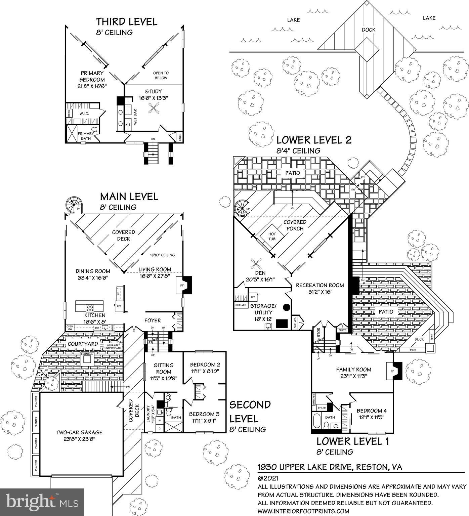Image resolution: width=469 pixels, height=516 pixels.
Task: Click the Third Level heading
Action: tap(126, 22)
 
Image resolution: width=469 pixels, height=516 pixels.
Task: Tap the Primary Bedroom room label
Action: tap(92, 76)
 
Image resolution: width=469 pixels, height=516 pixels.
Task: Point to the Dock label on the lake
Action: tap(369, 30)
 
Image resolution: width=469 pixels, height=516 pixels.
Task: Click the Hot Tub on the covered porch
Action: tap(272, 236)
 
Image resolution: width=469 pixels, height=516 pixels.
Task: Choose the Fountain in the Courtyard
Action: tap(87, 358)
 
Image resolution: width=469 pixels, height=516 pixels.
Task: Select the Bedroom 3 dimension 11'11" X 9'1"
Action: tap(204, 421)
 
